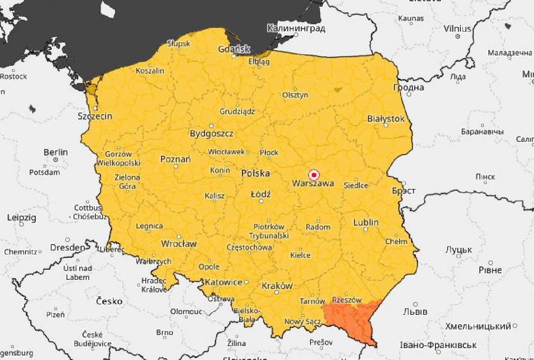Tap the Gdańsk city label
click(x=234, y=49)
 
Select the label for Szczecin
click(x=95, y=116)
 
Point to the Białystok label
click(x=386, y=119)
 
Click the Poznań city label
click(x=175, y=159)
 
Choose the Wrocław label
click(x=179, y=243)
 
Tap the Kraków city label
click(x=277, y=286)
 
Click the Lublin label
click(x=366, y=222)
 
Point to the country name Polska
click(x=255, y=173)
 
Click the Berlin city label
click(x=55, y=152)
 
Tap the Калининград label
click(x=296, y=28)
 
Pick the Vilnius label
click(x=457, y=29)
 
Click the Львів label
click(x=415, y=312)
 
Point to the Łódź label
click(x=261, y=194)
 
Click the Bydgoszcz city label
click(x=211, y=134)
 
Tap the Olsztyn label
click(x=295, y=95)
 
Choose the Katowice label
click(x=223, y=282)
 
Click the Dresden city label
click(x=67, y=247)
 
